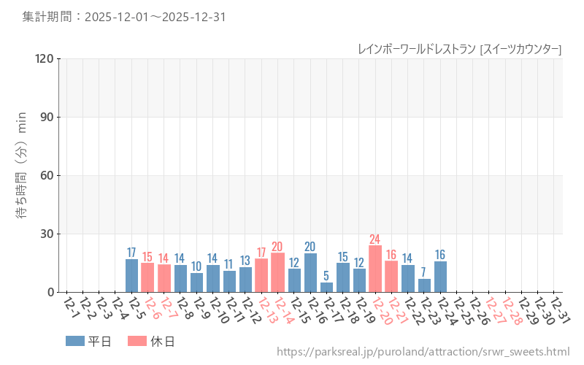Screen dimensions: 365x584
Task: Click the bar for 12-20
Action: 375,269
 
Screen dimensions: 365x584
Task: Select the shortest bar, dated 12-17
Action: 326,288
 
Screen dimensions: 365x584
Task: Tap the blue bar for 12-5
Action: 131,275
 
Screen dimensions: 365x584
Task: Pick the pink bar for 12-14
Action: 277,272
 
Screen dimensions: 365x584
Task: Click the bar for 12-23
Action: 424,285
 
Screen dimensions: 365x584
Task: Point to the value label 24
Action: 375,239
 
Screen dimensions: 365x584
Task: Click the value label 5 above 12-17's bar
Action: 326,276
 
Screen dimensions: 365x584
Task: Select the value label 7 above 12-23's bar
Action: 424,272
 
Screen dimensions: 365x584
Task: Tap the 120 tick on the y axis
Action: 45,58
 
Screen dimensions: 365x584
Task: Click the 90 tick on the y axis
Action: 47,117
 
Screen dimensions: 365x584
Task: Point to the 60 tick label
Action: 47,175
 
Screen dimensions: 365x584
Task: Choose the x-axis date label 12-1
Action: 72,309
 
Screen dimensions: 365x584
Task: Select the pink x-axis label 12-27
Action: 494,309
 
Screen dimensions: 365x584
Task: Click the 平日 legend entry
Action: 88,341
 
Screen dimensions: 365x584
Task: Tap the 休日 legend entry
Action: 151,341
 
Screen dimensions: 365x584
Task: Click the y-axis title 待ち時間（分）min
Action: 23,175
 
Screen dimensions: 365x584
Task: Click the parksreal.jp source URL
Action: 423,352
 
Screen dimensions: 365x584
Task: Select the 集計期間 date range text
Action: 123,16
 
